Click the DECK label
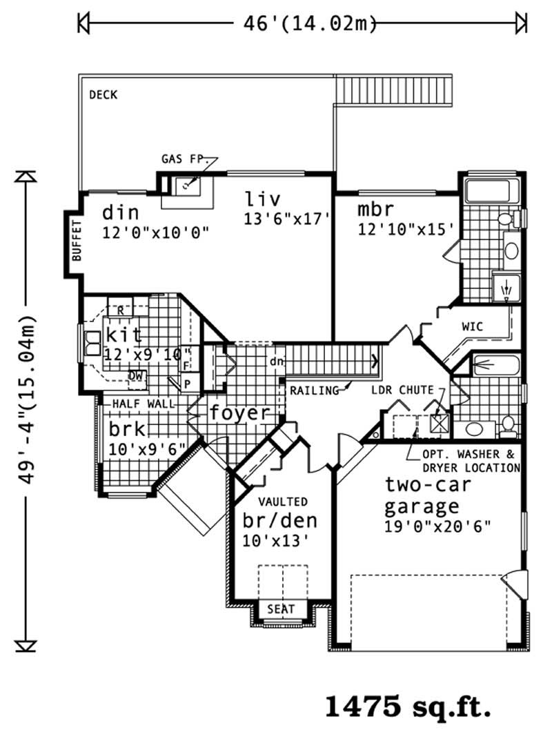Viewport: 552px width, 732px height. coord(103,95)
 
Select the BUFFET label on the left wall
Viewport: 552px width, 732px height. coord(76,239)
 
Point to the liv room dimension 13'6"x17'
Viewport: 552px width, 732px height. coord(284,219)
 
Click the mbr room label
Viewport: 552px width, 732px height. coord(375,210)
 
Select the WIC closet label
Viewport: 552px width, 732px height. coord(473,326)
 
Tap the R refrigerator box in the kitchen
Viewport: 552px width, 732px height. coord(120,310)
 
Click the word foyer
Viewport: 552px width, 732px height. coord(239,413)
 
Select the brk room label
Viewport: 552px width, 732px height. coord(127,428)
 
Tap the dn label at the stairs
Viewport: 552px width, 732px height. coord(275,361)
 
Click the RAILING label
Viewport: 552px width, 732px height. coord(314,390)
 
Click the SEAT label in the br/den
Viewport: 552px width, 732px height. coord(282,609)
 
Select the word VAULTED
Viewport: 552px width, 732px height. coord(283,502)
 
